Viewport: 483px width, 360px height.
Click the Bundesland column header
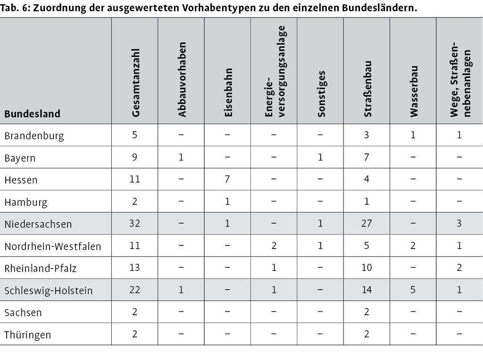tap(33, 114)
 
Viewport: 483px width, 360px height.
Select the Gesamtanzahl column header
tap(135, 83)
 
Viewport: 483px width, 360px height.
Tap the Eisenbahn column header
tap(228, 92)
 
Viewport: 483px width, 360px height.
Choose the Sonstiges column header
tap(321, 94)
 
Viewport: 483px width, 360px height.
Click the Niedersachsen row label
tap(38, 224)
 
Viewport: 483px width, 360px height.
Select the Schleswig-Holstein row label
tap(49, 291)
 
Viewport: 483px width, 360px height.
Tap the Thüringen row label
tap(27, 335)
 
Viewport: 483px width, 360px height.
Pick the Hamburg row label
tap(26, 202)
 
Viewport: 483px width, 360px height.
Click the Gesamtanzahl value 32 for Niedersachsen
tap(134, 223)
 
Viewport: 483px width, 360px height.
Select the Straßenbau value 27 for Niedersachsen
tap(366, 223)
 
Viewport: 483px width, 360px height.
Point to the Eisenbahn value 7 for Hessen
tap(227, 179)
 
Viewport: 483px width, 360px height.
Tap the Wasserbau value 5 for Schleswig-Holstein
tap(413, 290)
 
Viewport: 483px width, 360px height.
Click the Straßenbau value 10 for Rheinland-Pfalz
tap(366, 268)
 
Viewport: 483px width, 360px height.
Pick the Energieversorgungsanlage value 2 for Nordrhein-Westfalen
tap(274, 245)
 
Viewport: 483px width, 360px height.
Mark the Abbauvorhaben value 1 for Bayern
tap(181, 157)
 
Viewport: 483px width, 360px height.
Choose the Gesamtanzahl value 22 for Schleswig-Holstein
tap(134, 290)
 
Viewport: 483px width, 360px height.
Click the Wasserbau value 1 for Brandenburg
tap(413, 134)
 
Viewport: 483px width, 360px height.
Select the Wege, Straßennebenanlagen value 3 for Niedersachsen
tap(459, 223)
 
